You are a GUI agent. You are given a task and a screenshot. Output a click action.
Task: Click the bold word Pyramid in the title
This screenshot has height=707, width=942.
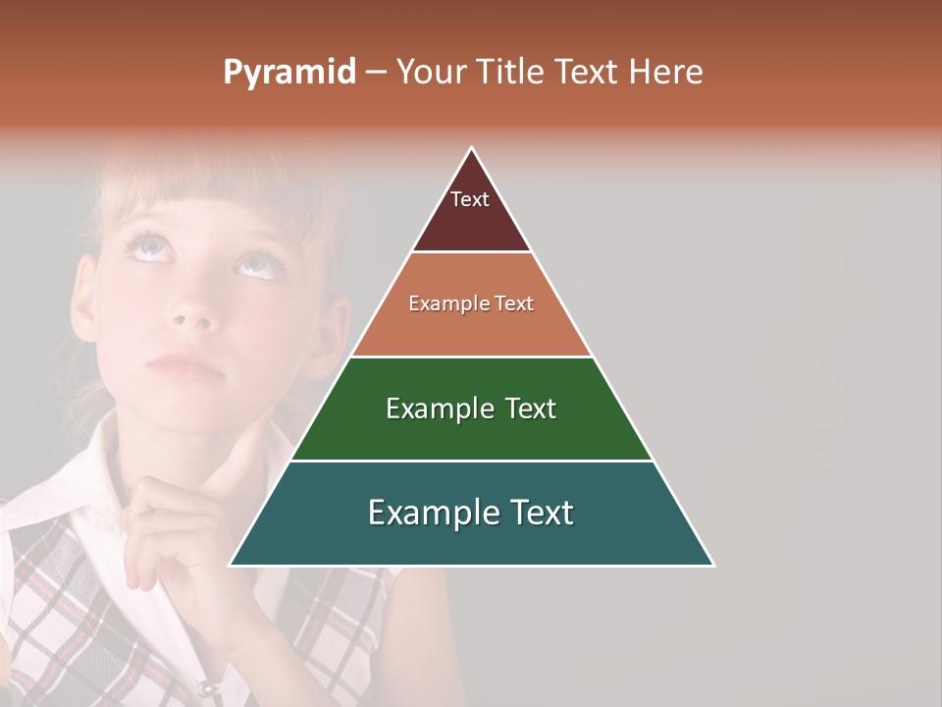(x=288, y=73)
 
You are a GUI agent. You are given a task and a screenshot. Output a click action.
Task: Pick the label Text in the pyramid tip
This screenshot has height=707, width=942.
(x=470, y=199)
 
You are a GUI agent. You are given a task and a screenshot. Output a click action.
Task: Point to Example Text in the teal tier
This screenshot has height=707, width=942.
(x=471, y=513)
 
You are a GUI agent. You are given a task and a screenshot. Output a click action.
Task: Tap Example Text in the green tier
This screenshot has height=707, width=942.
(x=471, y=408)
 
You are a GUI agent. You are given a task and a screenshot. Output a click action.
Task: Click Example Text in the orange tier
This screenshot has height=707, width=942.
(x=471, y=304)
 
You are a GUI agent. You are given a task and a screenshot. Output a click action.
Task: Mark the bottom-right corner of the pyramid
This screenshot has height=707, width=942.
(x=712, y=565)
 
